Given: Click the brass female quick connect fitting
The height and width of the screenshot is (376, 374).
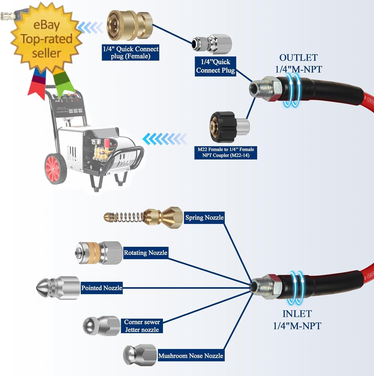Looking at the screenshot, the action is coord(130,25).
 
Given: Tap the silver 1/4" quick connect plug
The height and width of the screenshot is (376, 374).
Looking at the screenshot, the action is coord(212,44).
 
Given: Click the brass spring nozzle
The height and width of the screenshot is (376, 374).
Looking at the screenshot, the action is coord(143,217).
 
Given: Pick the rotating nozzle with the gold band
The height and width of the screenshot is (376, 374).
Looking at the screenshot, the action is coord(99,253).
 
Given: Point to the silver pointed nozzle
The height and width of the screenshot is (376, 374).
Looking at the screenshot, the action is coord(58,288).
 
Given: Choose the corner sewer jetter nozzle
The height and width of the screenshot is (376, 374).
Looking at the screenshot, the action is coord(101,326).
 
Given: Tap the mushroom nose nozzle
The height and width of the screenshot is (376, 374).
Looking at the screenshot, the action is coord(140,355).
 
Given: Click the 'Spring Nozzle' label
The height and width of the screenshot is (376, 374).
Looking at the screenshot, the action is coord(204,217).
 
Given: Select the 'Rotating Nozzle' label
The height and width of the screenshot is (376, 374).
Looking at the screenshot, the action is coord(146,253).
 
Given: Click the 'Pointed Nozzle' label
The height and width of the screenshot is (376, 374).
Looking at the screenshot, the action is coord(102,288).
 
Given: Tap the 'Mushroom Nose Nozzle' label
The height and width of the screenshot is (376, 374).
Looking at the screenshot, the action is coord(191,355).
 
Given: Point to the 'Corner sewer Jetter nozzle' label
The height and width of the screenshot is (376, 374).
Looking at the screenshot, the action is coord(142,326).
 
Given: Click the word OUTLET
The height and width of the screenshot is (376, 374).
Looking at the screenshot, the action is coord(298,58).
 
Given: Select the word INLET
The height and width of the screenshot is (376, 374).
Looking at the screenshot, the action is coord(297,314).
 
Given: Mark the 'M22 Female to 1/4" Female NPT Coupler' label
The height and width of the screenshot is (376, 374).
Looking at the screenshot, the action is coord(226,152).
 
